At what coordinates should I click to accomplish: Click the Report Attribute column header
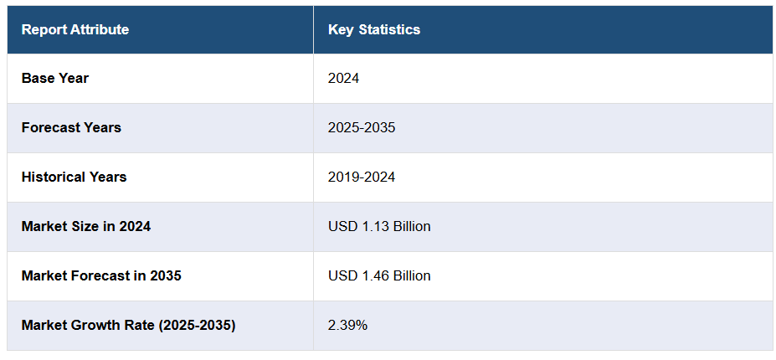point(75,30)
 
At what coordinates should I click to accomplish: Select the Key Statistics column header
point(374,30)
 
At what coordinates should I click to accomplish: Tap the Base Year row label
point(55,79)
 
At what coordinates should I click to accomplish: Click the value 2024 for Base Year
point(344,79)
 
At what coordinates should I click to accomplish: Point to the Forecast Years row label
point(71,128)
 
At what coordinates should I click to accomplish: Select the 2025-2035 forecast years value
point(362,128)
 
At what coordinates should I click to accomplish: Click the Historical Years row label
point(75,177)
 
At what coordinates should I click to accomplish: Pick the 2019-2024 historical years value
point(362,177)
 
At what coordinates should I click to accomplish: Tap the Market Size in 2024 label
point(86,227)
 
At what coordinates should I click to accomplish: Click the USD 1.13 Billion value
point(379,227)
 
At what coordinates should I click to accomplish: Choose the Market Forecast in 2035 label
point(101,276)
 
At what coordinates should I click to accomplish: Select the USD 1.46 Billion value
point(379,276)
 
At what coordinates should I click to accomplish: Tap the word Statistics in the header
point(389,30)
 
